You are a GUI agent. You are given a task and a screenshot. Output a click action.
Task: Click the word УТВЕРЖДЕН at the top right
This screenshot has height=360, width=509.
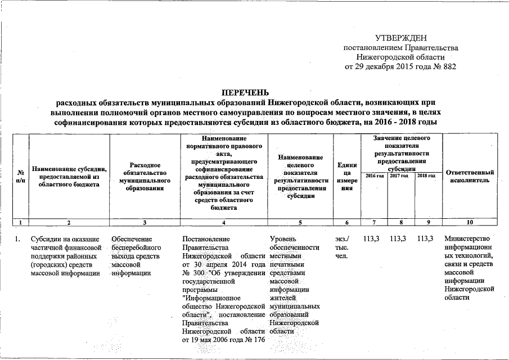coord(400,38)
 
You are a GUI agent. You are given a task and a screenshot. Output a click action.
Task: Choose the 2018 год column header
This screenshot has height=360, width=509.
coord(426,177)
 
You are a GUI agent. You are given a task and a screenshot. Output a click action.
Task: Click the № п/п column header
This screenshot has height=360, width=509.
coord(21,176)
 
